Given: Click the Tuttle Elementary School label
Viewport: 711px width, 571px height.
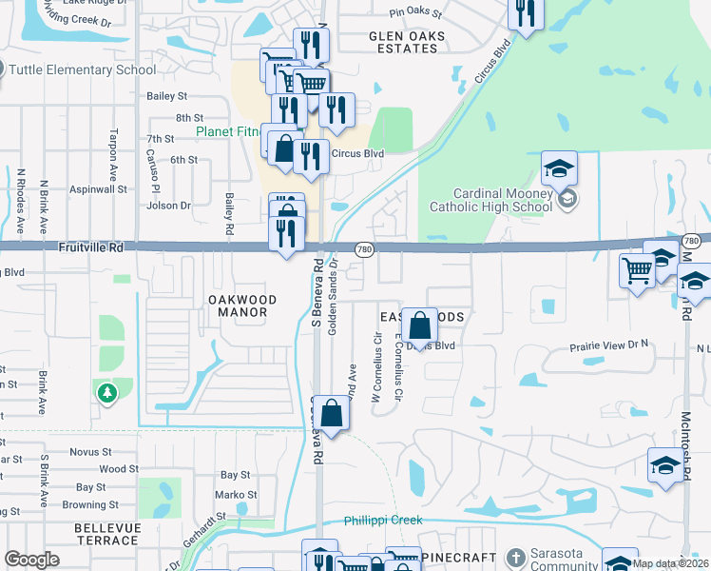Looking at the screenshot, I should (82, 69).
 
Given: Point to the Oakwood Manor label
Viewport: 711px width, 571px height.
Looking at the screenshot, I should (242, 305).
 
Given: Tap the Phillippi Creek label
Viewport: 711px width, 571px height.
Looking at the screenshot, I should (382, 521).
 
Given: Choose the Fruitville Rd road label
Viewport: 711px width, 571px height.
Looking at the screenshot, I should (89, 246).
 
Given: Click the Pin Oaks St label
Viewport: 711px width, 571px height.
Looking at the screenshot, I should (415, 13).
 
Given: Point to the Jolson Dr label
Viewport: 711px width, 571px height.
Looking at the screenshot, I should (169, 205).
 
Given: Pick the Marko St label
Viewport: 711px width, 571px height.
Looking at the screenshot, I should (236, 495).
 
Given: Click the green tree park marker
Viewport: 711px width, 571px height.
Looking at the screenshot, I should (106, 392).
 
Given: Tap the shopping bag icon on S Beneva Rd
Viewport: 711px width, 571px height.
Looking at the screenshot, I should (332, 415).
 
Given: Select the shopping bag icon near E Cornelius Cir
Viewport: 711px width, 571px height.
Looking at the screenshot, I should (418, 327).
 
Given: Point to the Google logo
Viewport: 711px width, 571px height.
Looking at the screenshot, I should (31, 560).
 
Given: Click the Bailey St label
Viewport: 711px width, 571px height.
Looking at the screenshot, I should (167, 96).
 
